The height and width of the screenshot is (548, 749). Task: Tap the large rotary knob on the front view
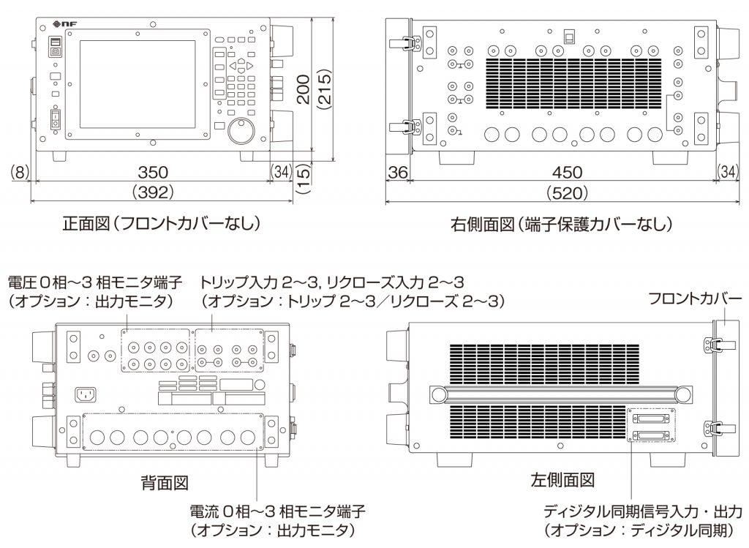[241, 132]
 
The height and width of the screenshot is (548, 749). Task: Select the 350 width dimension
[154, 173]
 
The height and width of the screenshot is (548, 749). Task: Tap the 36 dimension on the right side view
[396, 173]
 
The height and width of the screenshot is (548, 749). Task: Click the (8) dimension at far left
[20, 173]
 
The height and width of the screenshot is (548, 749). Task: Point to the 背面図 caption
[165, 482]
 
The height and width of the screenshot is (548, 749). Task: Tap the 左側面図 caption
[562, 481]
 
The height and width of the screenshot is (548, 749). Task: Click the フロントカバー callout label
[695, 299]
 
